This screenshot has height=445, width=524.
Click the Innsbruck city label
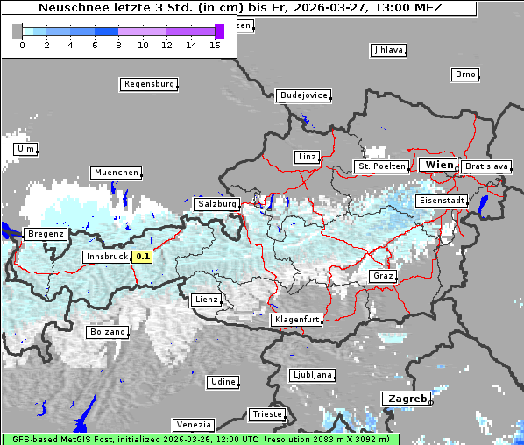tap(105, 257)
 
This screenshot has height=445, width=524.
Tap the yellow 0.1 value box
tap(142, 257)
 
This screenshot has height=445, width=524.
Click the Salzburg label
tap(217, 204)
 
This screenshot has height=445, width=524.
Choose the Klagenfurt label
tap(296, 320)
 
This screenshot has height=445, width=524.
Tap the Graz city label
tap(383, 276)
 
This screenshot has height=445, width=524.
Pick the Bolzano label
tap(108, 332)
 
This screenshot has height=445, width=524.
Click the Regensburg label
tap(149, 85)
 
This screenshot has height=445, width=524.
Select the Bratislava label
tap(485, 166)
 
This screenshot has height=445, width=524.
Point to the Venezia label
tap(192, 425)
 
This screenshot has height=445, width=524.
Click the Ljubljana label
tap(312, 375)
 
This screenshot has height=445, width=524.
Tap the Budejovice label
tap(303, 95)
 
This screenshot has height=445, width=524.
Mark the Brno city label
tap(465, 74)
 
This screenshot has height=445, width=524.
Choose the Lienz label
tap(207, 300)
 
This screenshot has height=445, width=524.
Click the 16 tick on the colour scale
tap(216, 44)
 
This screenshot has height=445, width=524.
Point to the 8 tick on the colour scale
tap(118, 44)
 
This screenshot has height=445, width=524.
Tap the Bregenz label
tap(46, 234)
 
